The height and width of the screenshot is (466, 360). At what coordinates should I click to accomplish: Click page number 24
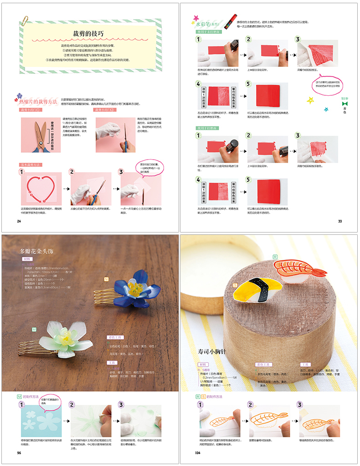[19, 221]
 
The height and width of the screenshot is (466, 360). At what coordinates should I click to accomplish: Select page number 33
[340, 221]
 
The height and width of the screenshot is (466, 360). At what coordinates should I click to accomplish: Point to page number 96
[19, 453]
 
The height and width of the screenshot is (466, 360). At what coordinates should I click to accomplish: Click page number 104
[198, 453]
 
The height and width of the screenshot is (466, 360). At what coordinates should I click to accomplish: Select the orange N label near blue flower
[106, 279]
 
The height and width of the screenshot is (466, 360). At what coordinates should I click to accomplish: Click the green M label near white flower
[34, 329]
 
